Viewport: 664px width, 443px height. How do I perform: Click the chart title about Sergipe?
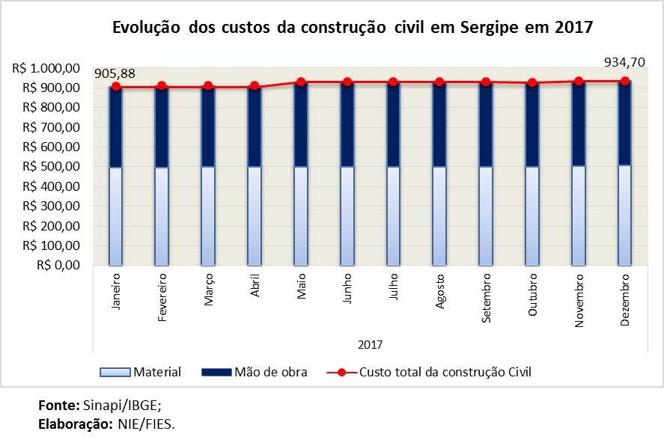pos(352,28)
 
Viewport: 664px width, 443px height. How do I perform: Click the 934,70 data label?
pos(624,61)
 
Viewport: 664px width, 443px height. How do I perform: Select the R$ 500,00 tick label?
pos(46,167)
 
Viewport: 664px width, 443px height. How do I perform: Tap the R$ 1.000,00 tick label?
pos(46,68)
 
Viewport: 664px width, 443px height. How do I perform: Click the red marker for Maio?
pos(301,82)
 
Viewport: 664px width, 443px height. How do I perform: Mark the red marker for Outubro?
pos(532,83)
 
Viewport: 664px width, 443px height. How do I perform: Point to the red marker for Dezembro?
pos(624,81)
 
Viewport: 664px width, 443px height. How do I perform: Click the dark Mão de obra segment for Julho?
pos(394,124)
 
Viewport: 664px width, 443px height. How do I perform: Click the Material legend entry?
pos(140,372)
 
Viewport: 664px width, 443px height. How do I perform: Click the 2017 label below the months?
pos(370,345)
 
